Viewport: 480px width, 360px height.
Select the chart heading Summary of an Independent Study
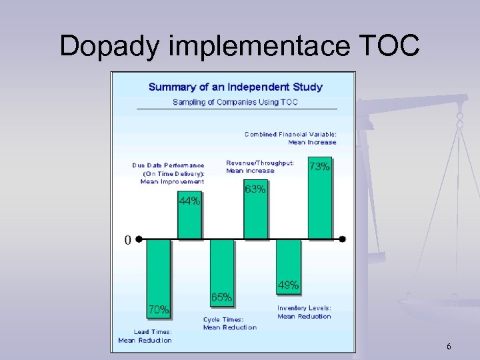(x=235, y=87)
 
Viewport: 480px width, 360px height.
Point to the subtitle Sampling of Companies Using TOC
(x=235, y=102)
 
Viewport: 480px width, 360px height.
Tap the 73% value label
(x=319, y=167)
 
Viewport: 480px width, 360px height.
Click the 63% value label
(x=255, y=189)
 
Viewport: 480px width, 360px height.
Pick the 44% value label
(x=189, y=201)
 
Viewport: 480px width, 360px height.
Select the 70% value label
(x=158, y=309)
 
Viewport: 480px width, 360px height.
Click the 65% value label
(x=221, y=297)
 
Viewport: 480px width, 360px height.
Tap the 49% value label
(x=288, y=285)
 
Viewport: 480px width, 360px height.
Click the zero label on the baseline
(x=127, y=240)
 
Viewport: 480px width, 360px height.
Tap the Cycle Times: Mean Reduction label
(x=229, y=324)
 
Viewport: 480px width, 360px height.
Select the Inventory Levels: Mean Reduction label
(x=304, y=312)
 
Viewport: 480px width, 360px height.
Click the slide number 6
(x=449, y=347)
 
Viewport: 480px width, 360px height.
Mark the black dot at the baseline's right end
(x=343, y=239)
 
